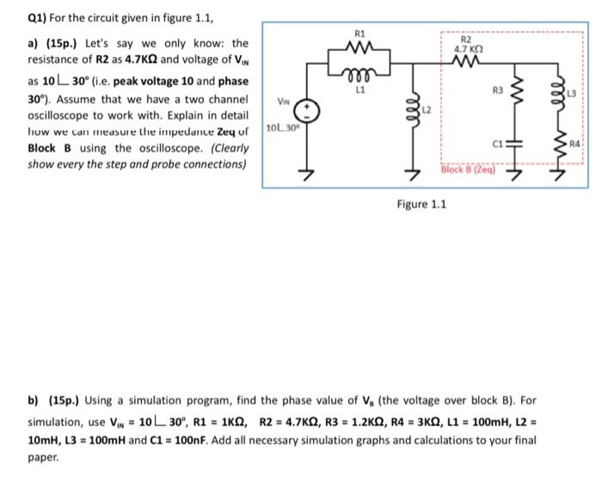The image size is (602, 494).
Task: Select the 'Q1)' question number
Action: (x=15, y=13)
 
